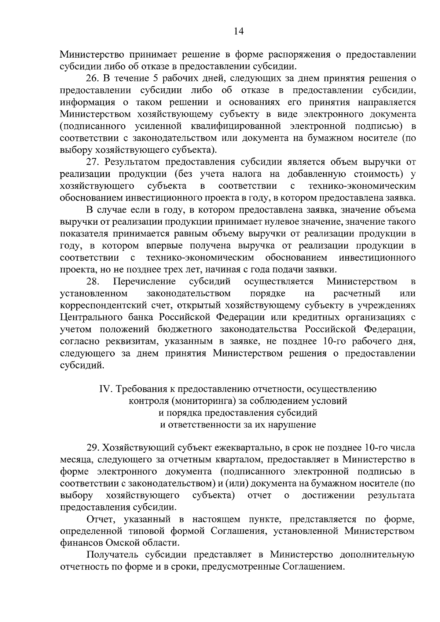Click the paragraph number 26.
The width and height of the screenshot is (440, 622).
pyautogui.click(x=92, y=78)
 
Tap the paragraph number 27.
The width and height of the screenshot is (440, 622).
pyautogui.click(x=92, y=162)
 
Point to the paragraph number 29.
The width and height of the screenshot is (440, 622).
pyautogui.click(x=92, y=448)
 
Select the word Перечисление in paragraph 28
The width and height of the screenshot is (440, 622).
pyautogui.click(x=144, y=281)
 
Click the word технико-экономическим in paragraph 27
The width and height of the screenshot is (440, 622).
pyautogui.click(x=362, y=186)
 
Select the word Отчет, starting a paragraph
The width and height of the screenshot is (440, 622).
pyautogui.click(x=100, y=519)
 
